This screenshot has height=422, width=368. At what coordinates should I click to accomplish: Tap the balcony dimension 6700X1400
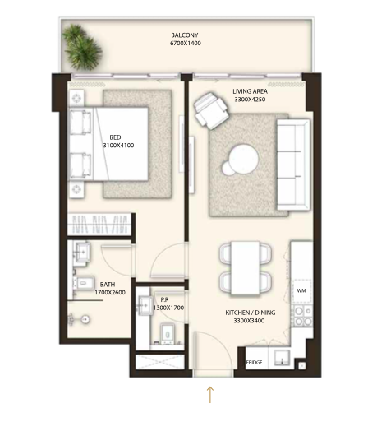(186, 43)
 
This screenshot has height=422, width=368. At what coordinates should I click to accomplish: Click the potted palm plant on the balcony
(81, 47)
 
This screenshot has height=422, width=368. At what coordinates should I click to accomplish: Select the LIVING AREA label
(250, 91)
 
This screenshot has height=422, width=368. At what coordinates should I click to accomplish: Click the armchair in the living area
(211, 110)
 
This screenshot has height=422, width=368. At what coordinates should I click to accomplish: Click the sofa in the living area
(293, 165)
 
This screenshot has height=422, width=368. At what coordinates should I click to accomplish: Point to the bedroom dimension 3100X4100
(118, 146)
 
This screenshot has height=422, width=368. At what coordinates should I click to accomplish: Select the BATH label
(108, 285)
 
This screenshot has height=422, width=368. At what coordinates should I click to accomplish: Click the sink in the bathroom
(81, 252)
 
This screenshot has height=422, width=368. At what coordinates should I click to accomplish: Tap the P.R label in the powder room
(164, 300)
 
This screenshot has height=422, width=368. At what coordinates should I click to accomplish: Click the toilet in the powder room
(168, 334)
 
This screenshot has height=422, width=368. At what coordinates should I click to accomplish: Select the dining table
(246, 267)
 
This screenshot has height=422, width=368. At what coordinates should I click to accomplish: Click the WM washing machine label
(301, 290)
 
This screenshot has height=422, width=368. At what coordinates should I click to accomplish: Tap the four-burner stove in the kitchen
(303, 316)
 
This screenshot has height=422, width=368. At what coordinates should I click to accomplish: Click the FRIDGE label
(254, 363)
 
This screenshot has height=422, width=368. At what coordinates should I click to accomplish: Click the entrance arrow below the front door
(210, 395)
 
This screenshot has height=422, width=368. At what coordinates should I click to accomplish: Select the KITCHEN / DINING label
(251, 313)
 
